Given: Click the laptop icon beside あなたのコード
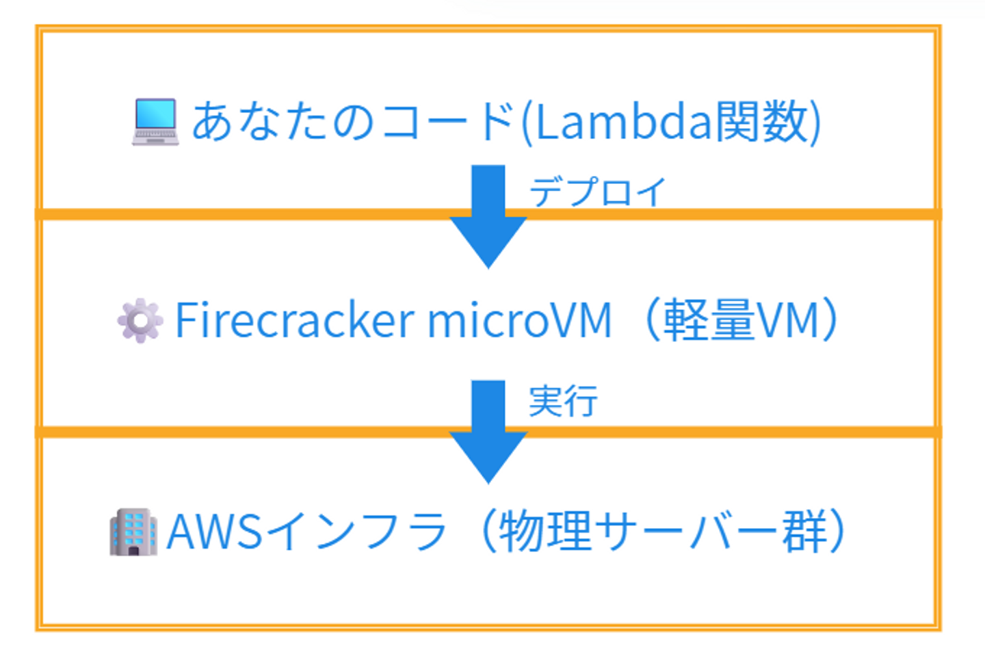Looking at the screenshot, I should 155,122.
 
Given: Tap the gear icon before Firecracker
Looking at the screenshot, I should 140,320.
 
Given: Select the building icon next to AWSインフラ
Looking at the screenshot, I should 133,532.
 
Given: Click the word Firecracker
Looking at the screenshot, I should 295,320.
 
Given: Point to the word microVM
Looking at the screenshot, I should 519,320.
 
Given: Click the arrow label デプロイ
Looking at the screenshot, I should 597,192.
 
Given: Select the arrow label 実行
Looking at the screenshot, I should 563,401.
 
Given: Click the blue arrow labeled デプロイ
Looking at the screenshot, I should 488,216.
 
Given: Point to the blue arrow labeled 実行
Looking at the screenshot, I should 488,431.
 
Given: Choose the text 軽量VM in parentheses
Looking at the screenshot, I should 741,320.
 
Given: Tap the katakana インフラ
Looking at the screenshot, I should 356,532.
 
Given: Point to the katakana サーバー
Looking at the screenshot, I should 687,532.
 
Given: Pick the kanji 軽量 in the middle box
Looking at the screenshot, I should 709,320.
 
